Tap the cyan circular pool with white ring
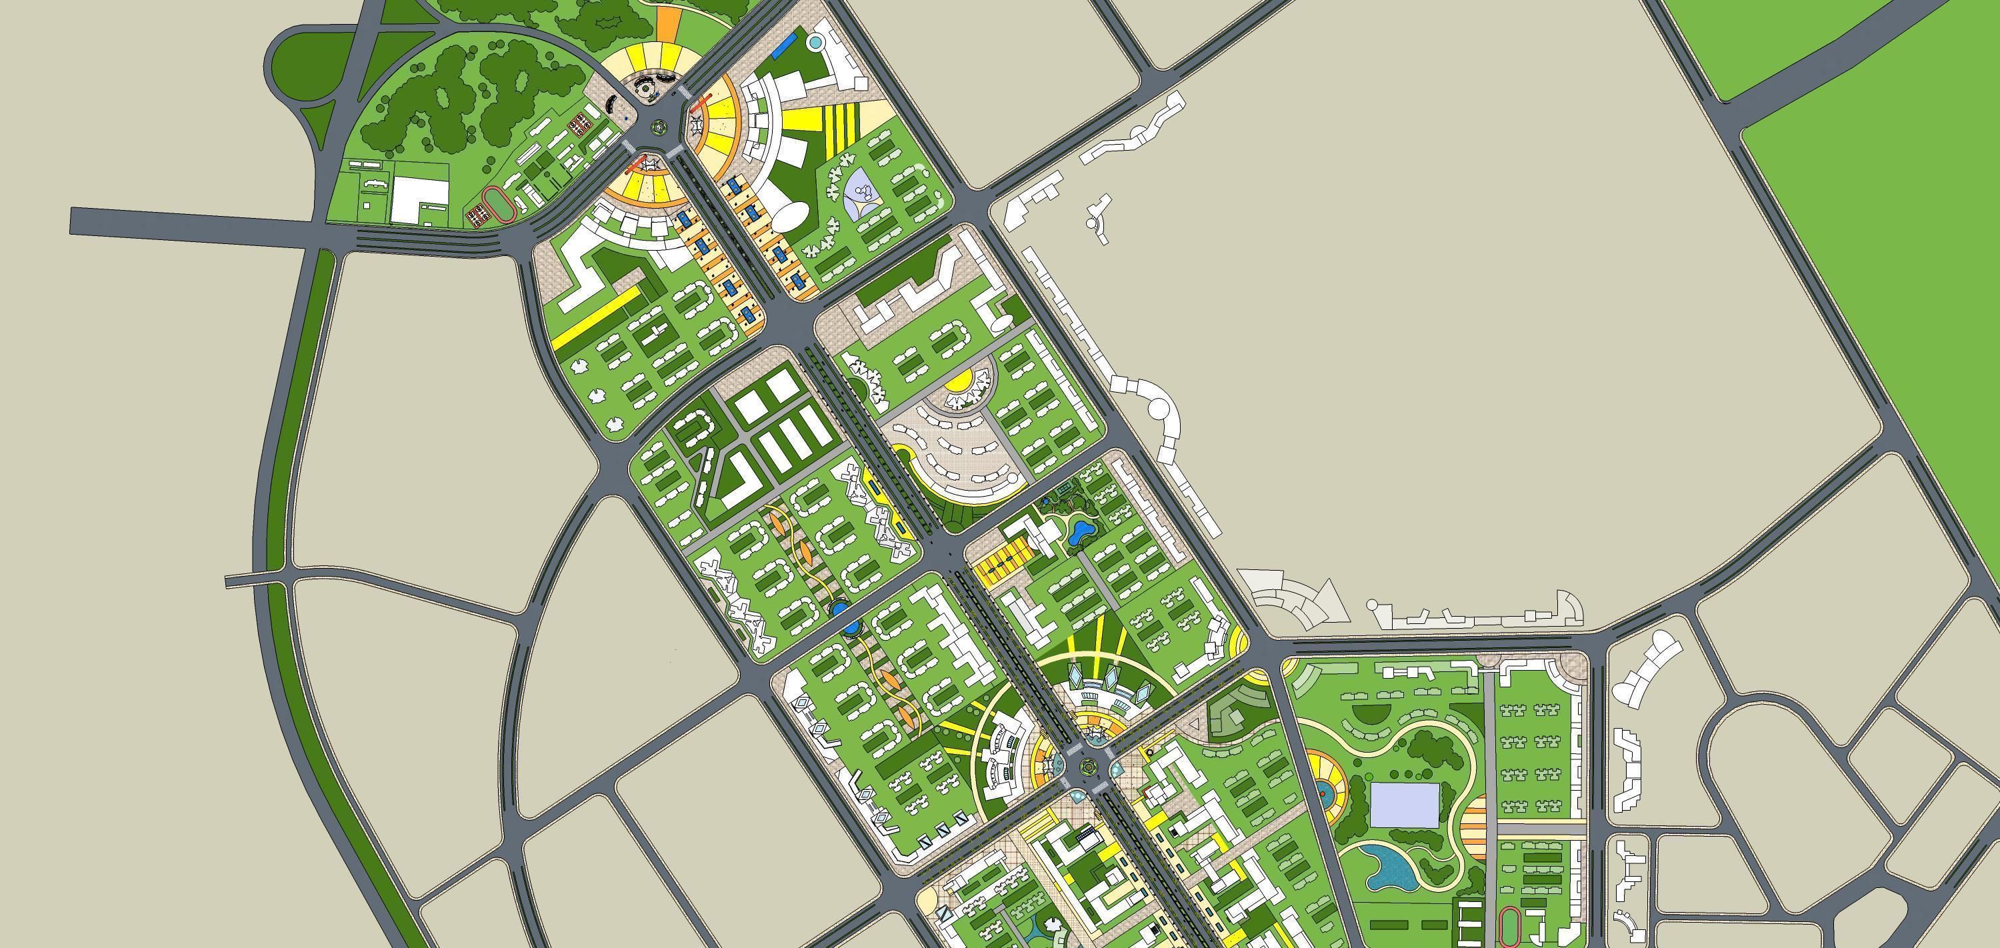point(816,41)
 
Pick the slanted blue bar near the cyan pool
point(785,43)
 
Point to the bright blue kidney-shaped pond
point(1080,532)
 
